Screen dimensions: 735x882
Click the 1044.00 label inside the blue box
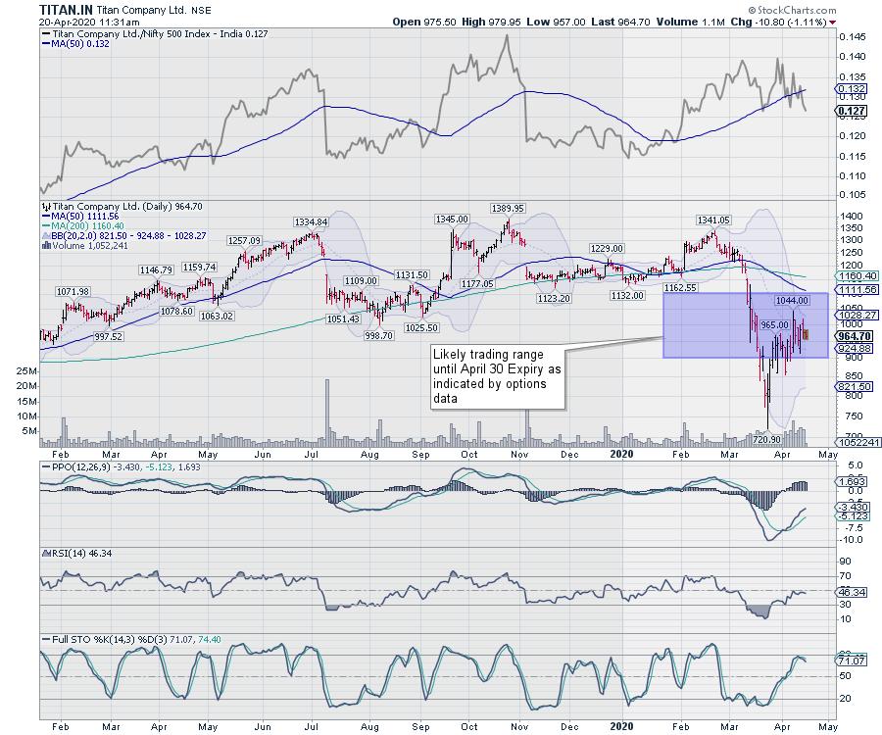pos(790,299)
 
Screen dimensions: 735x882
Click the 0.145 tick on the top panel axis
pos(853,36)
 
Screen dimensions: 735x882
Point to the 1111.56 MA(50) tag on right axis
pos(854,291)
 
